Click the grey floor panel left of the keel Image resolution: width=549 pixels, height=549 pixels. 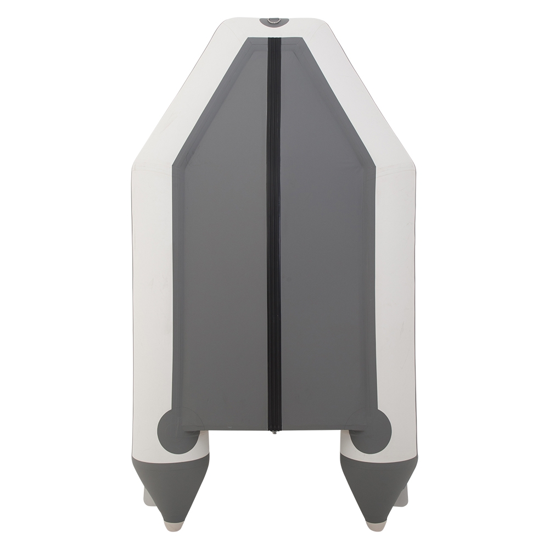pos(225,274)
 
